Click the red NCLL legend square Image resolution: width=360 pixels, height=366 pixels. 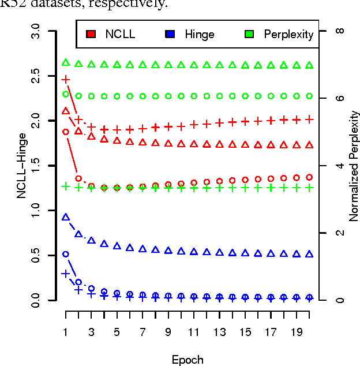[x=91, y=34]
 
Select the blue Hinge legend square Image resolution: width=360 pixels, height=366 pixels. [x=170, y=34]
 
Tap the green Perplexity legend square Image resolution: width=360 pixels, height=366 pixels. [x=249, y=34]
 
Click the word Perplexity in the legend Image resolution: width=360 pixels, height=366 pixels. [x=288, y=35]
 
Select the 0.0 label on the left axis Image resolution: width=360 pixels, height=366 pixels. [x=36, y=300]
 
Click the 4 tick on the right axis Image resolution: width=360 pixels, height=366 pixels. [x=340, y=166]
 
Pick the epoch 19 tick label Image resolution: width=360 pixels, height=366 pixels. [x=296, y=333]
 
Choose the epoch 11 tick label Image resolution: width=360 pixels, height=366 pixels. [x=193, y=333]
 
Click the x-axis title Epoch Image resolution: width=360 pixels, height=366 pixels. [x=187, y=360]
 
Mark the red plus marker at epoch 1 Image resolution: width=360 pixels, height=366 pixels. [x=66, y=79]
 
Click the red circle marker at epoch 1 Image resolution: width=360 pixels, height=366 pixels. [x=66, y=132]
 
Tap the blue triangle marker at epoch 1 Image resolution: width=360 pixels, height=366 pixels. [x=66, y=217]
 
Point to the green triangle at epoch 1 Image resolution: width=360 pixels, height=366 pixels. [x=66, y=62]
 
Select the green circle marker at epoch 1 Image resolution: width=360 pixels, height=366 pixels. [x=66, y=94]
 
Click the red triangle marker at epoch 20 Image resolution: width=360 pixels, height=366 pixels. [x=309, y=145]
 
